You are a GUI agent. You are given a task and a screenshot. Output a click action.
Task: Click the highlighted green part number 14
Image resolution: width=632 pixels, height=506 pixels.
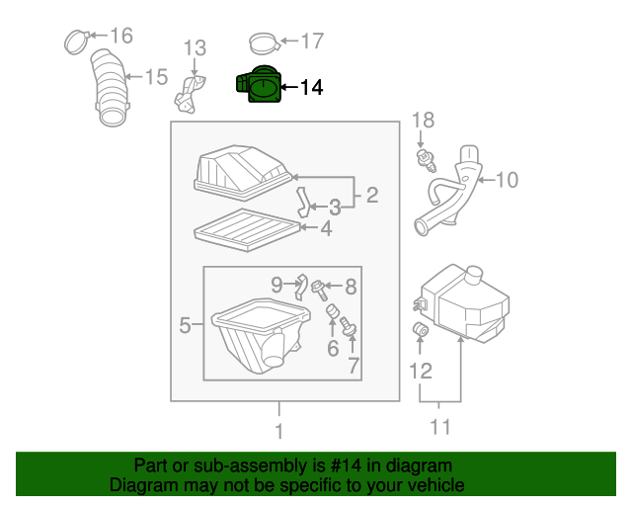point(258,87)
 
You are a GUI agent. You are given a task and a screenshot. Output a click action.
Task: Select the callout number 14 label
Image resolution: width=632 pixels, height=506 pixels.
point(310,88)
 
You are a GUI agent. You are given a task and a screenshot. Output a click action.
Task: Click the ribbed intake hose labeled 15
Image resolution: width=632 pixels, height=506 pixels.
point(113,93)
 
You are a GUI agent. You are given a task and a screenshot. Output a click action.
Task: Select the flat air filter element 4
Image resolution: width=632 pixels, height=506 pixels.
point(245,230)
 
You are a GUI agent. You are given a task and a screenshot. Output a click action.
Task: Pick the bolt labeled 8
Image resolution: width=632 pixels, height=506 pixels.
point(320,289)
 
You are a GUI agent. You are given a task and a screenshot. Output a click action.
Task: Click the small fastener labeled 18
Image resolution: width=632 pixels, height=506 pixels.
point(427,157)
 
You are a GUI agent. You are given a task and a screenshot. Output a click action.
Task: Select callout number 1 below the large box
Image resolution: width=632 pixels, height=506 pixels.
point(279,431)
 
